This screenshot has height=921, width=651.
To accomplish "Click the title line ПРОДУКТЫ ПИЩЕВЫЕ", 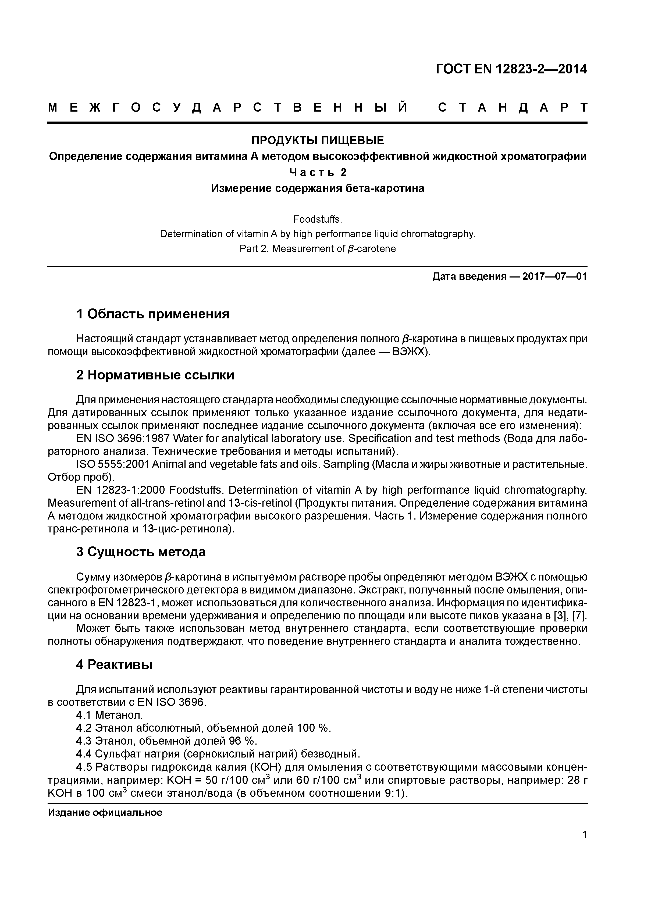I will click(x=317, y=140).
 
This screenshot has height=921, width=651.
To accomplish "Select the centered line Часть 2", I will click(x=318, y=172).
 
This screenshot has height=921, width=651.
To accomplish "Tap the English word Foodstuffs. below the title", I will click(x=317, y=219).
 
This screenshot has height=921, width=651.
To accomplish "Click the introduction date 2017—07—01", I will click(x=555, y=276).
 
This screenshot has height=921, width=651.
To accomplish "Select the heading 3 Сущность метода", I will click(x=141, y=552).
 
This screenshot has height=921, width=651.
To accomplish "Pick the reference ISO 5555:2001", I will click(x=113, y=464).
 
